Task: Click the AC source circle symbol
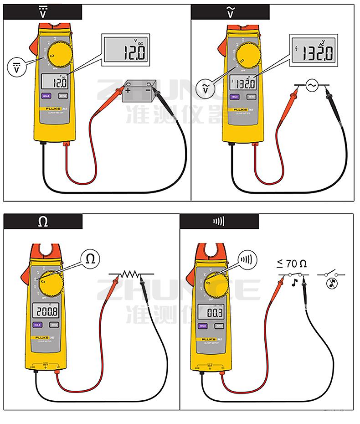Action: tap(312, 86)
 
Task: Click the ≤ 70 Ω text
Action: tap(292, 263)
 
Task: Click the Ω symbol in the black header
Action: tap(43, 222)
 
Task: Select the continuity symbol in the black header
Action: tap(219, 222)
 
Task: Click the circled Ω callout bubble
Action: tap(90, 259)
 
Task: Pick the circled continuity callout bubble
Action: tap(246, 260)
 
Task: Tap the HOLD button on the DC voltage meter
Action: tap(46, 96)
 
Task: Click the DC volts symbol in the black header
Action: tap(43, 12)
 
